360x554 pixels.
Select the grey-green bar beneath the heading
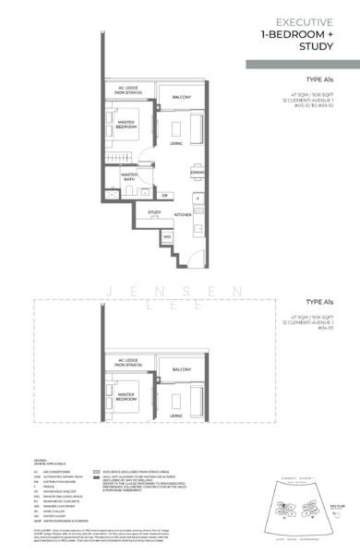[x=302, y=65]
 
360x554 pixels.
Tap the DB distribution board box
[x=164, y=195]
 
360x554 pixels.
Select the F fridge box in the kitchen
[x=197, y=199]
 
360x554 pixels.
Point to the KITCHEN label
[x=183, y=214]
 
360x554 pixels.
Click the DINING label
[x=197, y=173]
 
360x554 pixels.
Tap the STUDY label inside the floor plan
[x=155, y=212]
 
